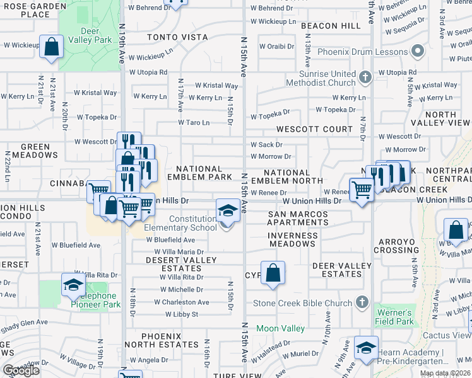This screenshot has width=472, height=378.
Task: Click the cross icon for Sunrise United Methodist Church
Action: [x=364, y=78]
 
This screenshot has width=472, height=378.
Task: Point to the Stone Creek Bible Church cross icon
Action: [x=362, y=303]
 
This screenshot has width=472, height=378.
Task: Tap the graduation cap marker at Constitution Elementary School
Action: [x=228, y=210]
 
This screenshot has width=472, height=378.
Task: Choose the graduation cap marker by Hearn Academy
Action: [x=366, y=347]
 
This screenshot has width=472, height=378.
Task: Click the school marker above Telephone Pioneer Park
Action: [x=73, y=284]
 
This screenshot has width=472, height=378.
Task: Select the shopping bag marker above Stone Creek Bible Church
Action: [x=273, y=273]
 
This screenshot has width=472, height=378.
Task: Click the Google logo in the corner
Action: [x=21, y=371]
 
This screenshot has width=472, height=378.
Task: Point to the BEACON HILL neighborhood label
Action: [x=331, y=26]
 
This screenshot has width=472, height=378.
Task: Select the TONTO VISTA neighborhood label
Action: [x=177, y=37]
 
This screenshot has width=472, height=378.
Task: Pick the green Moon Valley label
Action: [x=281, y=328]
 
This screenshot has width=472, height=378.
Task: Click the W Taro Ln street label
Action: [x=193, y=122]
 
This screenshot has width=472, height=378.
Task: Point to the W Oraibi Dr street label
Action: [x=273, y=46]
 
